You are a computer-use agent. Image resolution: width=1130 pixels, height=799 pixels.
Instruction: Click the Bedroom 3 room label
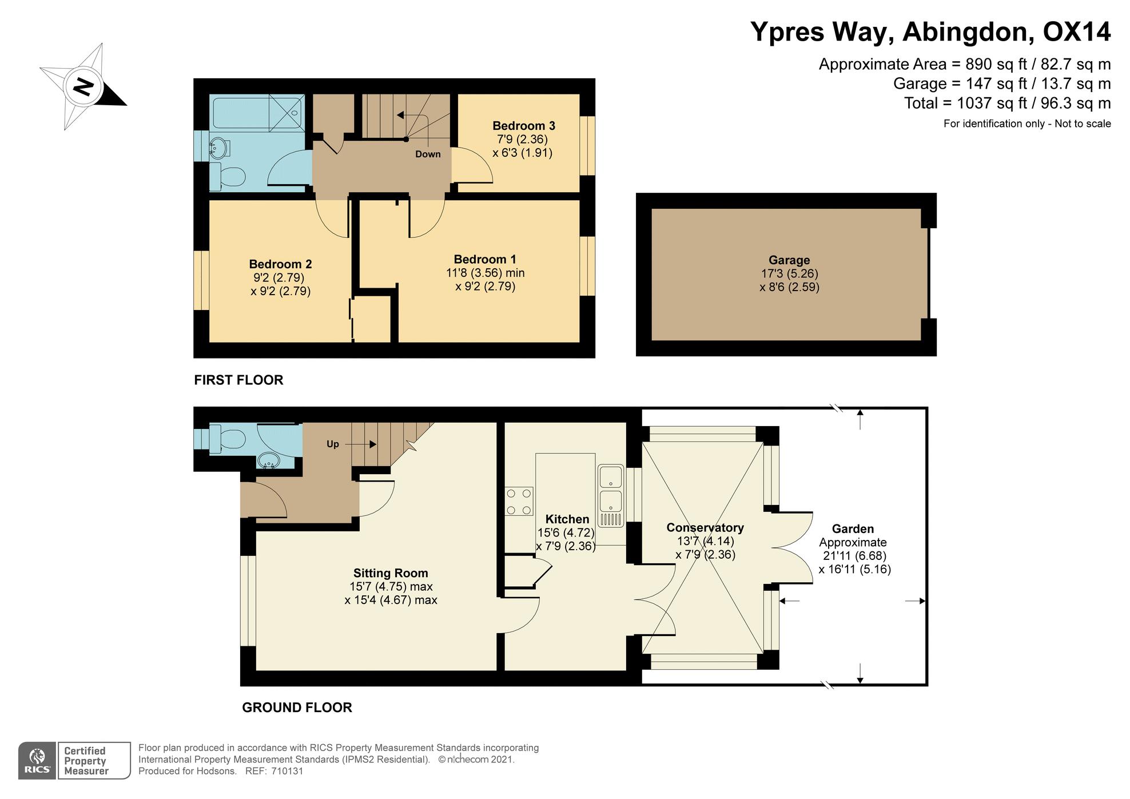tap(523, 126)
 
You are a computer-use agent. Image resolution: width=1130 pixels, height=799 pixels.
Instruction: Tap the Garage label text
tap(789, 260)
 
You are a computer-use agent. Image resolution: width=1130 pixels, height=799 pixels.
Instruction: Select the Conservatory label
tap(705, 528)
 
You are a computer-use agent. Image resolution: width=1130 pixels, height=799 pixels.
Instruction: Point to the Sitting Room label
tap(391, 573)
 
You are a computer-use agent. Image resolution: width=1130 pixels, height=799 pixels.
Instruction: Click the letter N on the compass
tap(84, 88)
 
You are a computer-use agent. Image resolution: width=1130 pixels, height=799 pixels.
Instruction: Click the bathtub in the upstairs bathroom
tap(257, 113)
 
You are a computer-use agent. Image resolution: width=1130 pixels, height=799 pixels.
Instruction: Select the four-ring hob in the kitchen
tap(519, 501)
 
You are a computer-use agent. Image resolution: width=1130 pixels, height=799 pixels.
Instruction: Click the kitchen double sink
tap(610, 495)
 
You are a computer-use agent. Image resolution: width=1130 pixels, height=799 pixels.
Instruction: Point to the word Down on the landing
tap(428, 154)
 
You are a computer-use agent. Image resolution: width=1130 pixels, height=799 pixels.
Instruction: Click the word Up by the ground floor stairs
tap(333, 444)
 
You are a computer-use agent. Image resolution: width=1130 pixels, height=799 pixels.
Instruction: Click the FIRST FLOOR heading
tap(238, 380)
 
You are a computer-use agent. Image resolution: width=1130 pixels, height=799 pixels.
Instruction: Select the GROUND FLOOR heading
tap(297, 707)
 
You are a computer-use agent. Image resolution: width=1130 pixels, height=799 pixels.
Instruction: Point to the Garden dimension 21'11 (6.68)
tap(854, 556)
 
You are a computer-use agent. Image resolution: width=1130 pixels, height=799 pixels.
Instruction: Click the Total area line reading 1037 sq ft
tap(1007, 104)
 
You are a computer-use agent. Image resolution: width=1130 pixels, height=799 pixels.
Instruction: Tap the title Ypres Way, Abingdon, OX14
tap(930, 32)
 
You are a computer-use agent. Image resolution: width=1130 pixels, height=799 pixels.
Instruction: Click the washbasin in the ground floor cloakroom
tap(267, 460)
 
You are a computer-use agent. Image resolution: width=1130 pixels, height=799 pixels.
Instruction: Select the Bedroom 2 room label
tap(280, 264)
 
